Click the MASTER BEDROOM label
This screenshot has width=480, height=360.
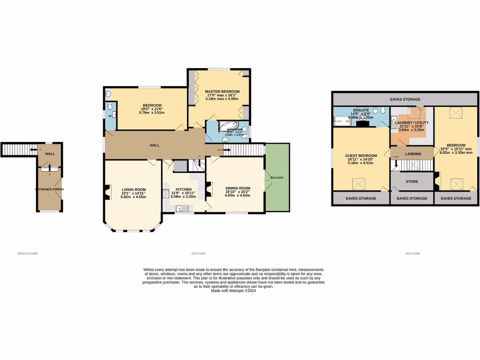[x=223, y=91]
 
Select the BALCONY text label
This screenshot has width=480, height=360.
[x=277, y=178]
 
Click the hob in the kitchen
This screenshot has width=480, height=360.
[x=165, y=193]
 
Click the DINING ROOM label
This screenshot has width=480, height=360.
[x=238, y=188]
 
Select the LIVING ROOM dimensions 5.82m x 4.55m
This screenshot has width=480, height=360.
[x=133, y=197]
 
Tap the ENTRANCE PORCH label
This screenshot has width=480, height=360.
[x=49, y=189]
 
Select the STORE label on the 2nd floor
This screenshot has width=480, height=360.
[x=412, y=181]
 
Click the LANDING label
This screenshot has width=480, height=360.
[x=413, y=154]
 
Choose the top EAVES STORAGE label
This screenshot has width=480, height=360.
[x=405, y=99]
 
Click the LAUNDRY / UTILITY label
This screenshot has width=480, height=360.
[x=412, y=123]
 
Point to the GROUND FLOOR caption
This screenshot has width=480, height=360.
[x=27, y=253]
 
